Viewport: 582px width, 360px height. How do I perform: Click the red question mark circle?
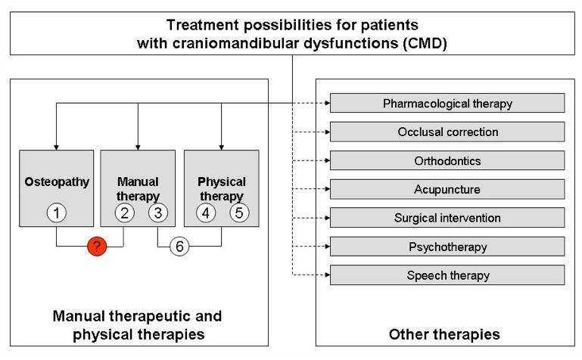point(97,246)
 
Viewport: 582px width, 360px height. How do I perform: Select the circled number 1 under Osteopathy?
point(57,213)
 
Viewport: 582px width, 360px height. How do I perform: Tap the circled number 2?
point(124,213)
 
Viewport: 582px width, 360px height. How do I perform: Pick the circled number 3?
point(157,213)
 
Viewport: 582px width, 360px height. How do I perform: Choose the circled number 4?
point(207,213)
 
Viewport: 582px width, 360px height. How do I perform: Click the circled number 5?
point(239,213)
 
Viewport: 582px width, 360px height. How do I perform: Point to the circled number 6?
point(179,246)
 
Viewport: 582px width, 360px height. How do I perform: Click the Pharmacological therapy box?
point(447,103)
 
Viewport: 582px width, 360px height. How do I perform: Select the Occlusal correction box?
point(447,132)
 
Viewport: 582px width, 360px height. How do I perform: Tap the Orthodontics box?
point(447,160)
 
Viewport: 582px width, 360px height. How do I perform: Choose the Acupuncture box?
point(447,189)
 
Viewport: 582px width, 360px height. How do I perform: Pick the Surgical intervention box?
point(447,218)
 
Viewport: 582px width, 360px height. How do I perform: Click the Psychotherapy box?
point(447,247)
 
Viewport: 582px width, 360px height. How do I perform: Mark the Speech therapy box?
point(447,275)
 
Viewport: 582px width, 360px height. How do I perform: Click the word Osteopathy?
point(57,182)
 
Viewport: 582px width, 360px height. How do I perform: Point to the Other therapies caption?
point(444,334)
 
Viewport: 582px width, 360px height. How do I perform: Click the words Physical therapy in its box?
point(222,189)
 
